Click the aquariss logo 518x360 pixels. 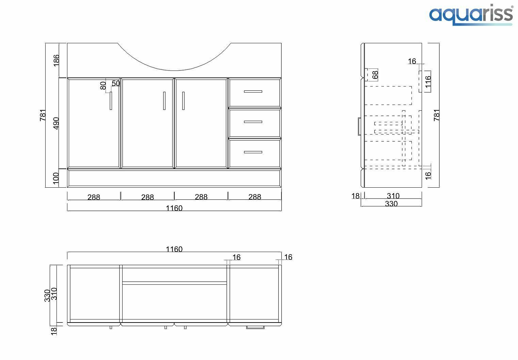pyautogui.click(x=471, y=15)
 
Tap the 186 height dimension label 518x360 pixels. pyautogui.click(x=56, y=60)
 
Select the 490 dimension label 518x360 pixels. pyautogui.click(x=56, y=123)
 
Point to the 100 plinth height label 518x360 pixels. pyautogui.click(x=56, y=178)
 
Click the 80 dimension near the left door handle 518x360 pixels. pyautogui.click(x=103, y=85)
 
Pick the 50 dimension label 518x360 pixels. pyautogui.click(x=116, y=83)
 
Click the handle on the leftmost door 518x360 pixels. pyautogui.click(x=111, y=101)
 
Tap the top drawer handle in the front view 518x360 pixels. pyautogui.click(x=253, y=91)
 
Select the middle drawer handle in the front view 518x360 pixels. pyautogui.click(x=253, y=122)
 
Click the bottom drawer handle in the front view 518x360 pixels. pyautogui.click(x=253, y=152)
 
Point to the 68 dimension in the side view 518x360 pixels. pyautogui.click(x=375, y=75)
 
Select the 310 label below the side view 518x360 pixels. pyautogui.click(x=393, y=196)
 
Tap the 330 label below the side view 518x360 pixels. pyautogui.click(x=391, y=204)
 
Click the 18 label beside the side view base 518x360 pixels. pyautogui.click(x=355, y=196)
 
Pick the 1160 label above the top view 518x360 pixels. pyautogui.click(x=174, y=249)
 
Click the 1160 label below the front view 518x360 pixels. pyautogui.click(x=174, y=208)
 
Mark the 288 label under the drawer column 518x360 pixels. pyautogui.click(x=255, y=197)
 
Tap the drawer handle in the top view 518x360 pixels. pyautogui.click(x=255, y=328)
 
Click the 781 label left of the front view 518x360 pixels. pyautogui.click(x=43, y=115)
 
